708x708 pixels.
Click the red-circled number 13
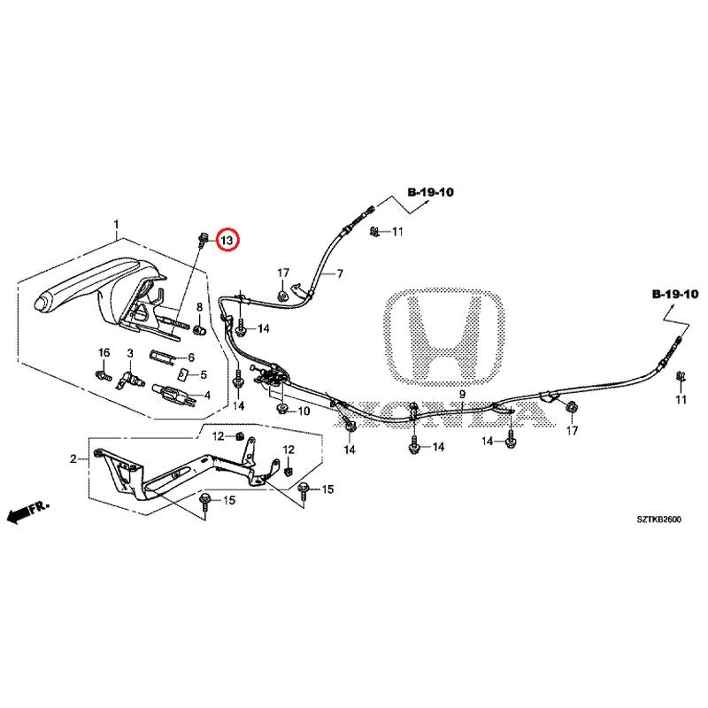[227, 240]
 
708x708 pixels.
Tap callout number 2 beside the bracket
[74, 458]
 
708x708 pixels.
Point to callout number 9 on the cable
[461, 394]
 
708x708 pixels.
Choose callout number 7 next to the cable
[339, 274]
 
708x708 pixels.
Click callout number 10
[304, 412]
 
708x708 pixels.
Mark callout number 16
[103, 353]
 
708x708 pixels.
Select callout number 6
[189, 358]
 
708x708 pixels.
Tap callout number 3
[130, 353]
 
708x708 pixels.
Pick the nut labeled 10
[282, 410]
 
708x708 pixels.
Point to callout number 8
[200, 307]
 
